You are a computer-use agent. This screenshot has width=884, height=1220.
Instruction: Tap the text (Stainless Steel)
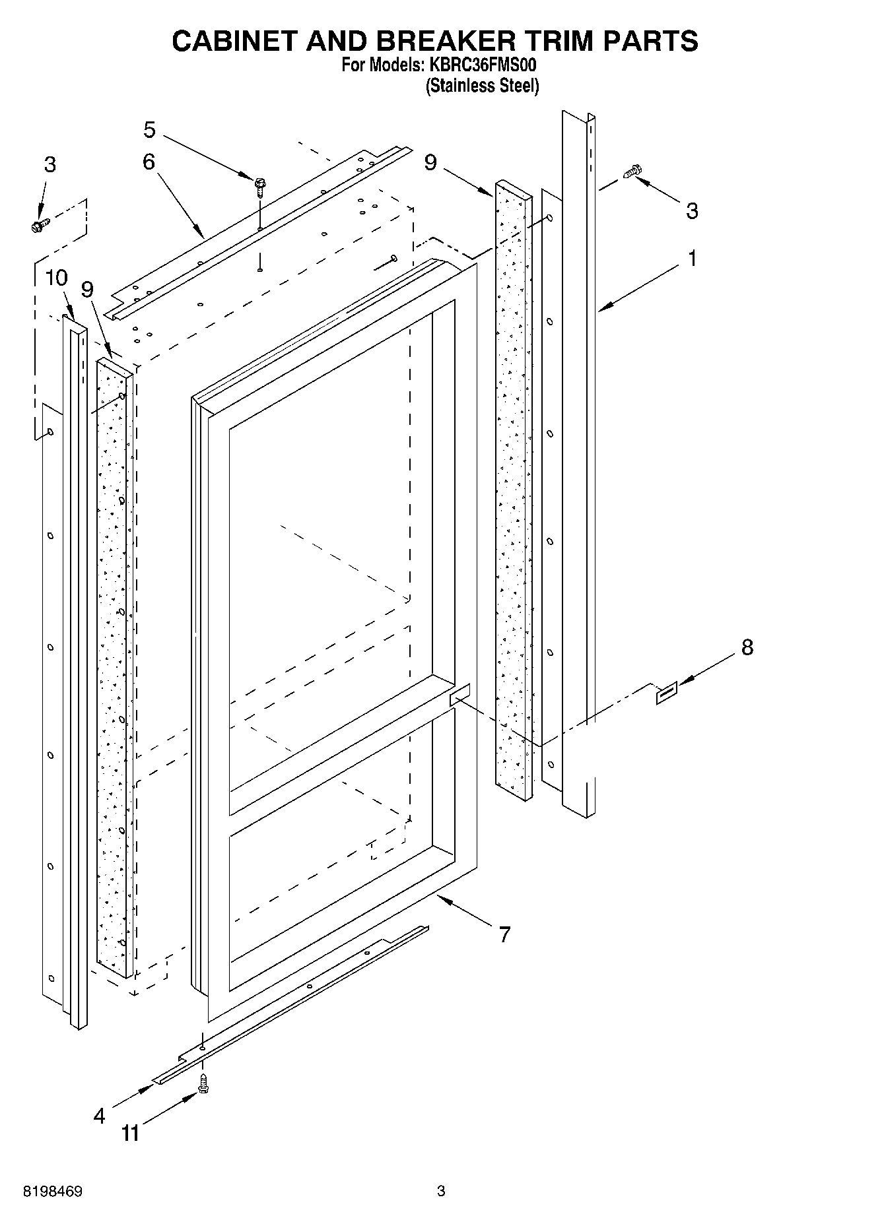pyautogui.click(x=482, y=86)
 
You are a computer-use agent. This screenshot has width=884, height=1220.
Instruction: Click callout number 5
pyautogui.click(x=150, y=131)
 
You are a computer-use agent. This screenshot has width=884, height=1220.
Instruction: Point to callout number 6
pyautogui.click(x=149, y=162)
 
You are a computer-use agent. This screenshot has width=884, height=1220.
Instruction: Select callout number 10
pyautogui.click(x=56, y=278)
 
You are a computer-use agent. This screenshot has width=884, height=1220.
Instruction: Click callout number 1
pyautogui.click(x=692, y=259)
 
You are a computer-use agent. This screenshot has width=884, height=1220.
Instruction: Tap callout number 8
pyautogui.click(x=747, y=647)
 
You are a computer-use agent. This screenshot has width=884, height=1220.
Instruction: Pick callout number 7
pyautogui.click(x=504, y=934)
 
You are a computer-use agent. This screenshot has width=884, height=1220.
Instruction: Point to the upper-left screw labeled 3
pyautogui.click(x=38, y=226)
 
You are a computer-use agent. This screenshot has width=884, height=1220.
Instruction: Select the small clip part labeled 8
pyautogui.click(x=666, y=694)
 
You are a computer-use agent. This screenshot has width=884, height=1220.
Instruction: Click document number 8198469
pyautogui.click(x=53, y=1192)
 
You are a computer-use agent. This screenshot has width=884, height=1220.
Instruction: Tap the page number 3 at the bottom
pyautogui.click(x=441, y=1191)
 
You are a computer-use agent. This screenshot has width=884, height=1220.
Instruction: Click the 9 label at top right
pyautogui.click(x=430, y=162)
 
